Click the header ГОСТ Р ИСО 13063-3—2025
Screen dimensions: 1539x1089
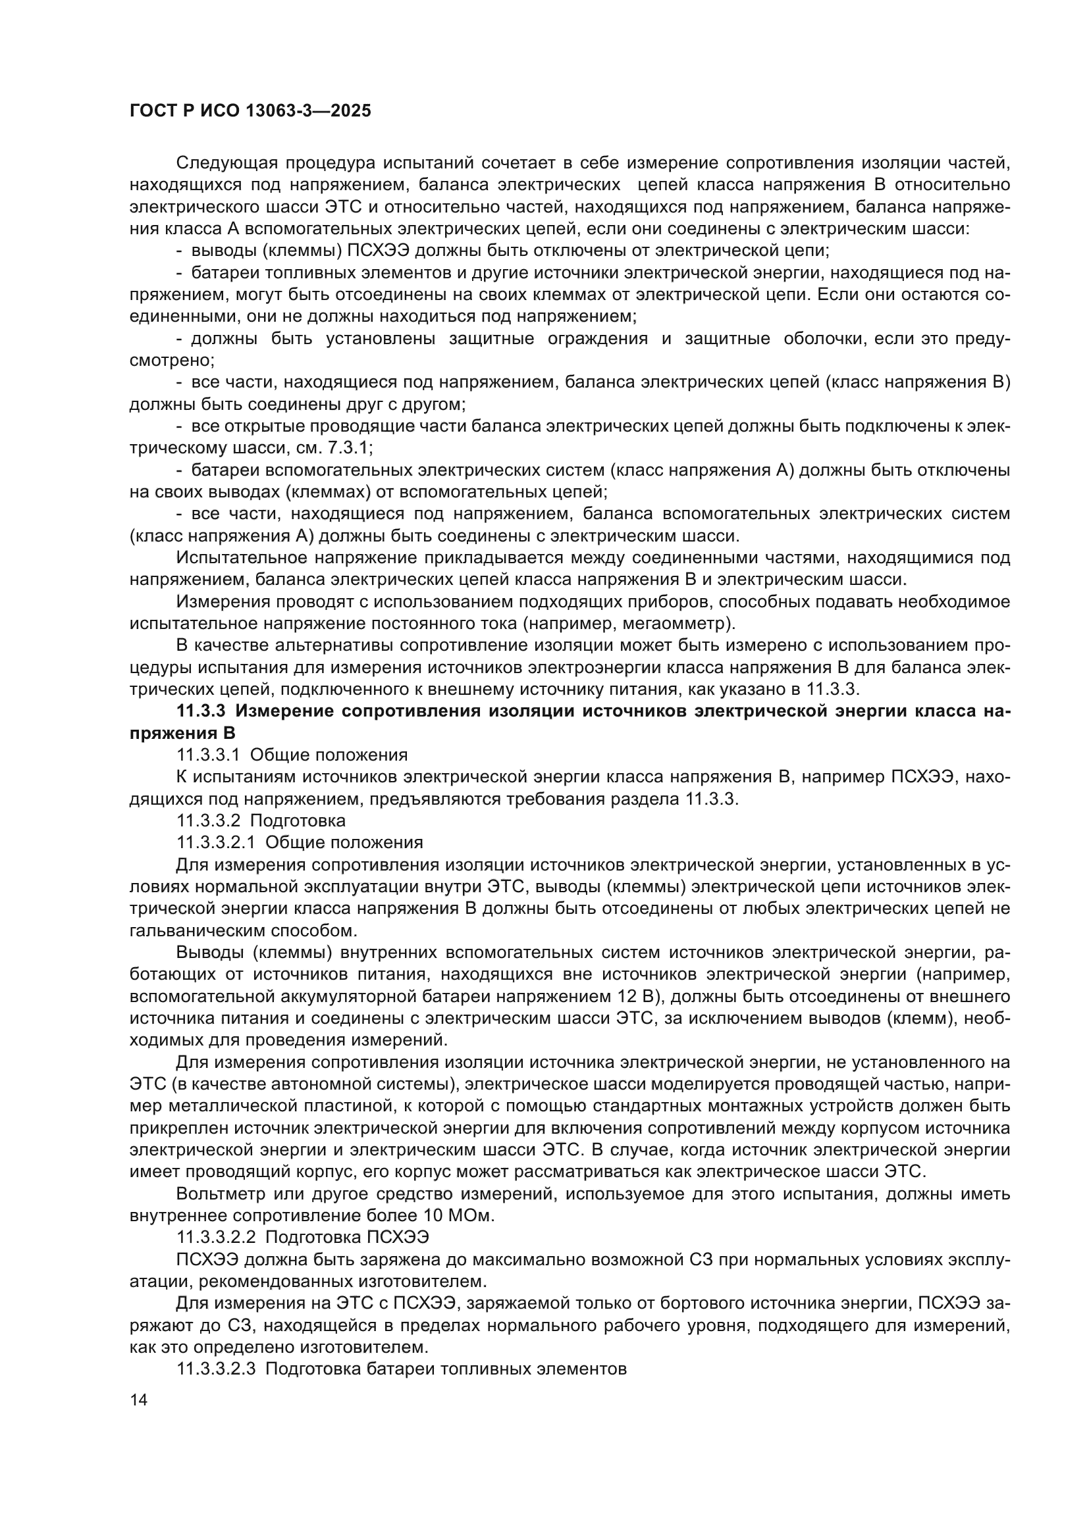(250, 111)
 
